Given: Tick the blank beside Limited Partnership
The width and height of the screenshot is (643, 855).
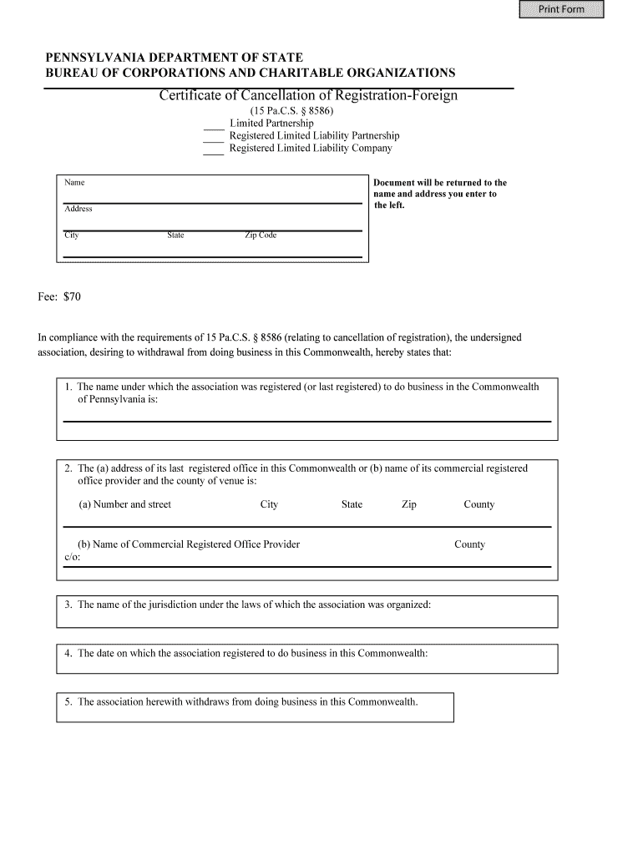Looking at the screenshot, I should point(214,127).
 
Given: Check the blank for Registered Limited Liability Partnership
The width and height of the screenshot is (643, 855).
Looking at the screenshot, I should point(214,139).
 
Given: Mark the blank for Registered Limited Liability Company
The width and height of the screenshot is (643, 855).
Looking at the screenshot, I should point(214,152).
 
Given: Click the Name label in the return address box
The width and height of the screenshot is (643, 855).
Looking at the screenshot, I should point(74,182).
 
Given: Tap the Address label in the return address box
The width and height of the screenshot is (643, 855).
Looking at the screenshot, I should point(78,209).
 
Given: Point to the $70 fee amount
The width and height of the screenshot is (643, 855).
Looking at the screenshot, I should point(73,296).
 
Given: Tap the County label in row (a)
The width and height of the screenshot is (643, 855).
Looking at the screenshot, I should point(478,504).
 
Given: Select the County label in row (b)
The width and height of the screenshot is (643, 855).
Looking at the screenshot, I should point(469,544).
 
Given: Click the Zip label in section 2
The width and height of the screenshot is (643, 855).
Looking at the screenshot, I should point(408,504).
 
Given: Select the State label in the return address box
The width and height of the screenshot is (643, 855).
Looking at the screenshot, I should point(175,235).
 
